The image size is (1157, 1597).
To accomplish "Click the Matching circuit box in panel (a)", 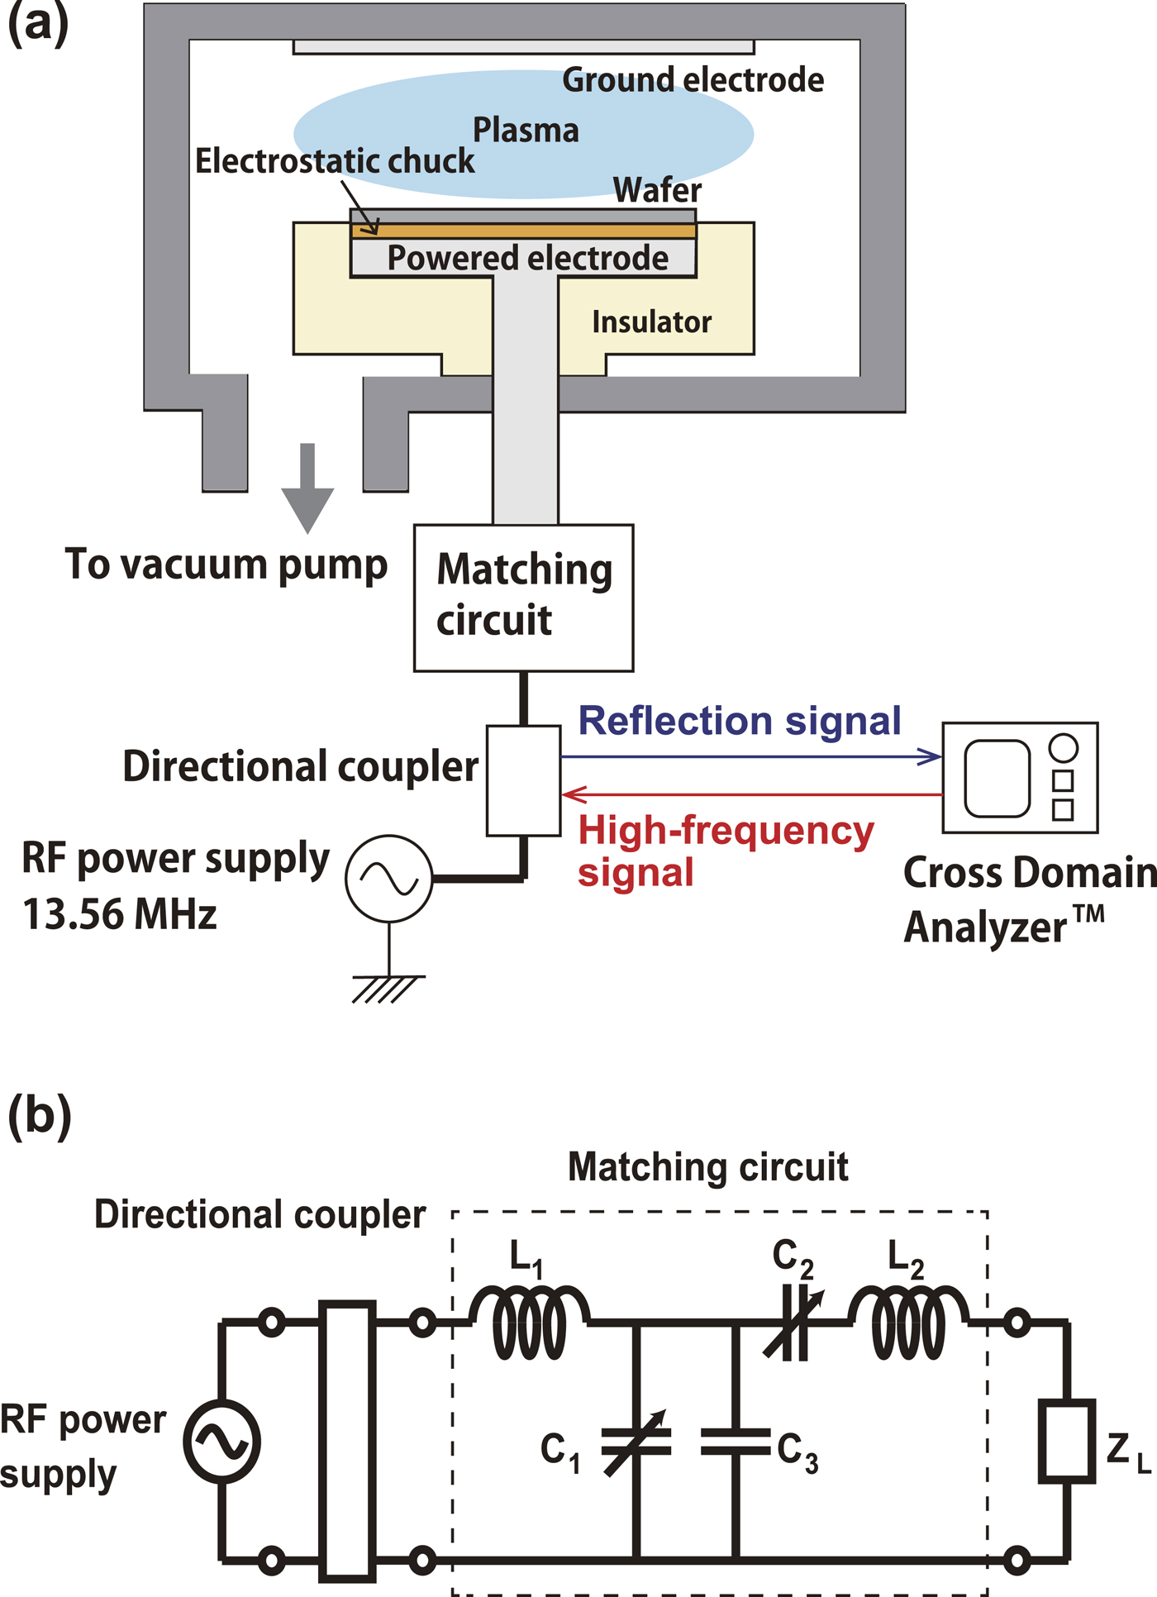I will tap(523, 597).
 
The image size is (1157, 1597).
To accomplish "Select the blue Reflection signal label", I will tap(739, 721).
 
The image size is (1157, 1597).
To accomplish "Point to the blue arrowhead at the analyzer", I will tap(931, 756).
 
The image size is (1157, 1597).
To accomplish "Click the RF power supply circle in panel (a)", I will tap(388, 879).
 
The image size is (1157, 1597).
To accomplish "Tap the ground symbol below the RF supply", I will tap(387, 989).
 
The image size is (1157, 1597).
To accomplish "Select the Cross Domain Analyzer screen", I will tap(997, 778).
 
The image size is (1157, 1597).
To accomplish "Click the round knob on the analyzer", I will tap(1063, 747).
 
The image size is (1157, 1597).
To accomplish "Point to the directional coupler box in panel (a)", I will tap(523, 780).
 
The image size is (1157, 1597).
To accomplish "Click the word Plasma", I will tap(526, 131).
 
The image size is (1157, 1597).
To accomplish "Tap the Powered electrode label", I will tap(527, 258).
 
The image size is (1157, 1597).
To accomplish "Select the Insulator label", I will tap(651, 322).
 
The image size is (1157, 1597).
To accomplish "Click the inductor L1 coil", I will tap(530, 1323).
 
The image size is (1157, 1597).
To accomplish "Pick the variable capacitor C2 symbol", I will tap(794, 1323).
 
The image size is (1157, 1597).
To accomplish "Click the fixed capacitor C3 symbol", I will tap(735, 1442).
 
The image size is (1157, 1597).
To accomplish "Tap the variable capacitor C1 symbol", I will tap(636, 1442).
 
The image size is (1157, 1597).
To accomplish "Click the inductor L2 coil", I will tap(909, 1323).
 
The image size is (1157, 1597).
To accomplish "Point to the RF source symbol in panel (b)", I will tap(221, 1441).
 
